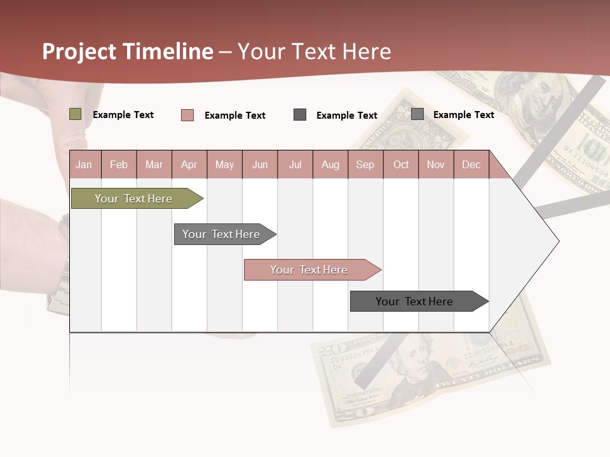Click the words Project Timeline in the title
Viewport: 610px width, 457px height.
coord(127,51)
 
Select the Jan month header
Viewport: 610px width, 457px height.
coord(84,164)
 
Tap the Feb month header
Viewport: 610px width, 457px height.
coord(119,164)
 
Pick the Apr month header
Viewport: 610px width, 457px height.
coord(189,164)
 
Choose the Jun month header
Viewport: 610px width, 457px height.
coord(260,164)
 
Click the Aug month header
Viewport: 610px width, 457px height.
coord(330,164)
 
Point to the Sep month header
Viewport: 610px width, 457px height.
coord(365,164)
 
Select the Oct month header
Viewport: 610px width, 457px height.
coord(401,164)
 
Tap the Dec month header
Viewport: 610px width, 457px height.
coord(471,164)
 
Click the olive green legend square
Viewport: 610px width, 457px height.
coord(76,114)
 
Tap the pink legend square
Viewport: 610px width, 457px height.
coord(187,115)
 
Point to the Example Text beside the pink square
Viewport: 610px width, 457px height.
coord(235,116)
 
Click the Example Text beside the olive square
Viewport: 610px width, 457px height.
coord(123,115)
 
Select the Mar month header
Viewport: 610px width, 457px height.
coord(154,164)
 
